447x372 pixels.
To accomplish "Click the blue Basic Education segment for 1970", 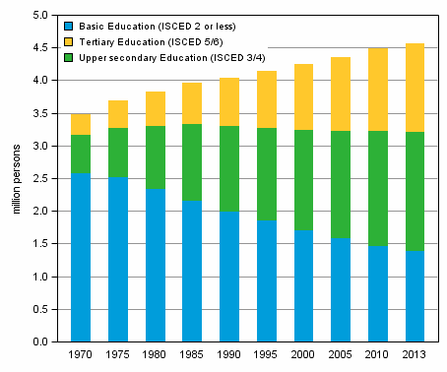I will coord(80,257).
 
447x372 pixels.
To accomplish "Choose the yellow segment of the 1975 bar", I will coord(117,114).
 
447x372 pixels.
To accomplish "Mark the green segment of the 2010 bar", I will coord(378,188).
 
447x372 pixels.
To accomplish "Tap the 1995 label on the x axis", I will coord(267,355).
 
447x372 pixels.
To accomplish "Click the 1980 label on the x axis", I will coord(155,355).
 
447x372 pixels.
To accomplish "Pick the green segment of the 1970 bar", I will coord(80,154).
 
